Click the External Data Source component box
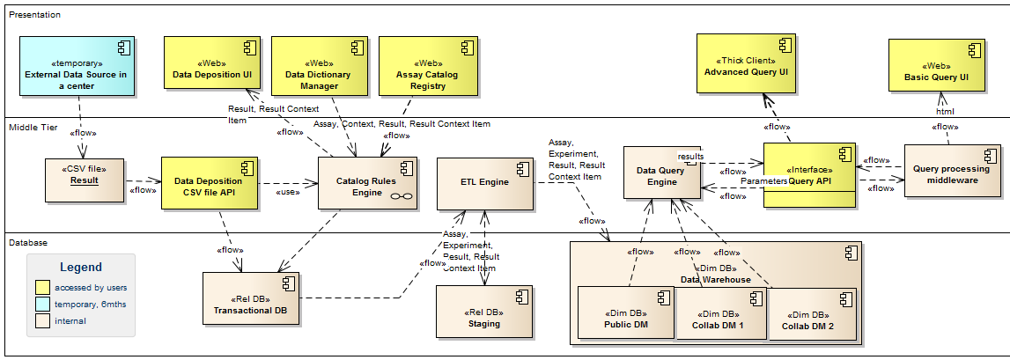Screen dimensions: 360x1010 [x=77, y=74]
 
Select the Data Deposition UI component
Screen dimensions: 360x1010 [x=210, y=62]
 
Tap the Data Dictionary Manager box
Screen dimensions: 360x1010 [x=318, y=62]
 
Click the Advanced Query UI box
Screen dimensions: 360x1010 [x=746, y=62]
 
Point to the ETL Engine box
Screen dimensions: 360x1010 [x=485, y=183]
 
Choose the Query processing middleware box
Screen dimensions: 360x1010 [x=952, y=173]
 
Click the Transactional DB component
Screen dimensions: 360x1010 [x=250, y=298]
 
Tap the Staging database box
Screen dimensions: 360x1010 [x=484, y=312]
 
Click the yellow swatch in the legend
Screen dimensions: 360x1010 [x=42, y=287]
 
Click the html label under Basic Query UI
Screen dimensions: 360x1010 [x=945, y=111]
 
